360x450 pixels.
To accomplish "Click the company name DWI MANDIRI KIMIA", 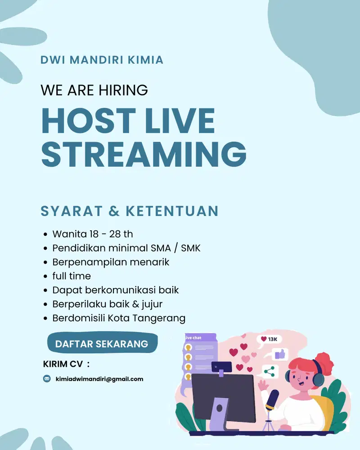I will pyautogui.click(x=102, y=60).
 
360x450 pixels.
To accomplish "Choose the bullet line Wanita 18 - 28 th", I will pyautogui.click(x=93, y=234).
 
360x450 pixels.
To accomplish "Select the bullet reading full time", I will pyautogui.click(x=72, y=276).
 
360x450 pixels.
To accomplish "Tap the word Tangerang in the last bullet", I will pyautogui.click(x=159, y=318).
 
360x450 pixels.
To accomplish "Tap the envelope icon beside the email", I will pyautogui.click(x=47, y=379).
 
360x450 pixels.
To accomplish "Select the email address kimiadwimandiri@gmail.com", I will pyautogui.click(x=99, y=379).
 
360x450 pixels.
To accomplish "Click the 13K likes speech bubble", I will pyautogui.click(x=269, y=339).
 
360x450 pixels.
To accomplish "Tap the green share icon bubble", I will pyautogui.click(x=270, y=372).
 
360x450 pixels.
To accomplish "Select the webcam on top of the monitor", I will pyautogui.click(x=221, y=367).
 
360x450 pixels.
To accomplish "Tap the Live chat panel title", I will pyautogui.click(x=194, y=337).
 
